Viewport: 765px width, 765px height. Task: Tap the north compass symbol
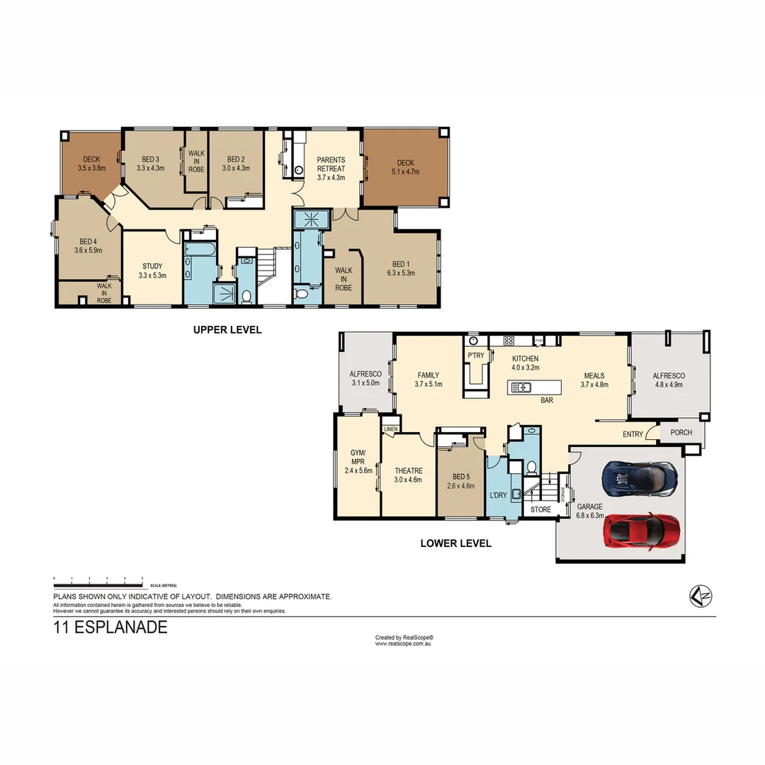(701, 596)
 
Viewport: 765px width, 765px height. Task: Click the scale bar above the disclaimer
(98, 581)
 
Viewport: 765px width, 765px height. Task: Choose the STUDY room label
(152, 266)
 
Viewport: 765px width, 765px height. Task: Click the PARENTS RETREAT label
(331, 164)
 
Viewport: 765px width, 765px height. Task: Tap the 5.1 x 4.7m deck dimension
(405, 171)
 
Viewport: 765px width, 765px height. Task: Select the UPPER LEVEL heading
(227, 329)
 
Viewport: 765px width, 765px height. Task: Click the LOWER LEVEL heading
(455, 543)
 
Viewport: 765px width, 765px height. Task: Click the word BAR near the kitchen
(546, 400)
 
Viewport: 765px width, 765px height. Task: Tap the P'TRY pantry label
(475, 356)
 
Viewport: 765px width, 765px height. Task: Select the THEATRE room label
(409, 471)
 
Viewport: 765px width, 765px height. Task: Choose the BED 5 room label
(460, 477)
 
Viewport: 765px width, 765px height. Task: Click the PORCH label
(681, 433)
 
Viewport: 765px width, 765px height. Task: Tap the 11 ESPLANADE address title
(110, 627)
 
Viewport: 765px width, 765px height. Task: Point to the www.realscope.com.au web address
(404, 643)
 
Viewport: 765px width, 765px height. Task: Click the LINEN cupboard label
(391, 429)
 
